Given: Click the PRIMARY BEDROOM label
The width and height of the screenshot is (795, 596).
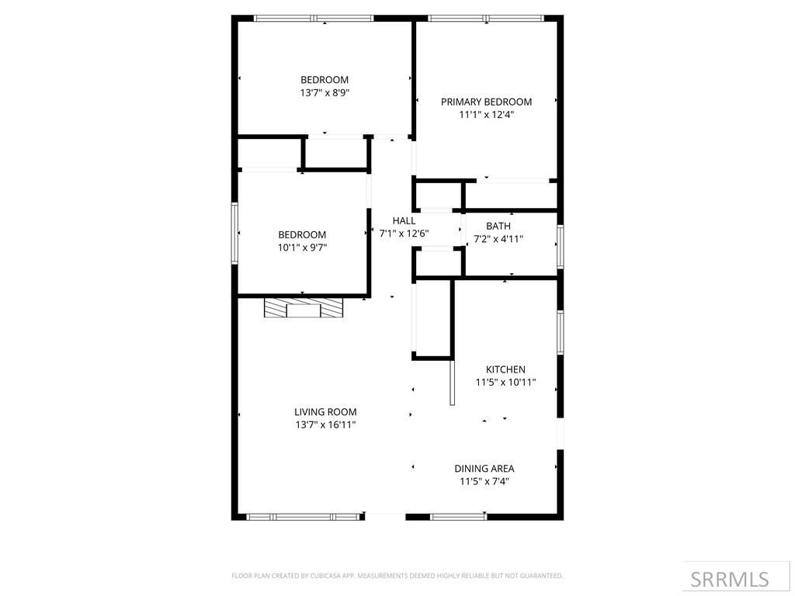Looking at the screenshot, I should pos(486,102).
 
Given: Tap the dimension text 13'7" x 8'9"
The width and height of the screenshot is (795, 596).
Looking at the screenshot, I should pos(325,92).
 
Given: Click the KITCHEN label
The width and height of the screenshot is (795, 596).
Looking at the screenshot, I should pos(505,369).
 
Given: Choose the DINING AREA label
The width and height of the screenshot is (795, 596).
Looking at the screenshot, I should pos(484,468).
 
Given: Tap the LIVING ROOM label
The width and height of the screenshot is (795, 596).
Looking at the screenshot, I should pos(325,412).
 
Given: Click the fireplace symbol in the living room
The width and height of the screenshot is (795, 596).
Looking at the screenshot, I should pos(303,309).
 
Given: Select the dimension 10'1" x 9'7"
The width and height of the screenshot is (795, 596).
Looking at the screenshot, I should pos(303,248).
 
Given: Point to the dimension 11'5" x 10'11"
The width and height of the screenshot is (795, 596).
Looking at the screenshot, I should pos(505,383).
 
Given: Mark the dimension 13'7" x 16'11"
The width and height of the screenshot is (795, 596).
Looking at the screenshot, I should pos(325,424).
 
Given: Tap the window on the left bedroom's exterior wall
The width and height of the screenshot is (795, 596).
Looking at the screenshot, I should pos(234,233).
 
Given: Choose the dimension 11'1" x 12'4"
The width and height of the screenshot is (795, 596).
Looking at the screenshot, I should pos(486,114).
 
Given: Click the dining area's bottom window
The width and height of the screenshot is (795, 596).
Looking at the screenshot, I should pos(458,516).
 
